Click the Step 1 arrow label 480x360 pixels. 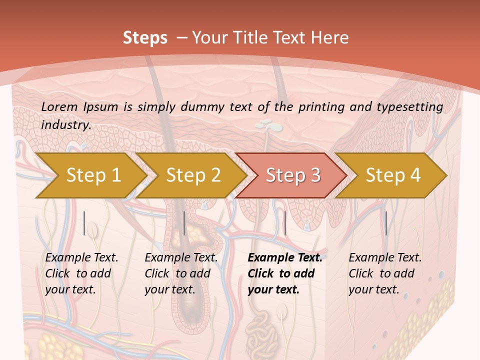[93, 175]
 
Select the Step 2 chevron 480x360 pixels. [193, 175]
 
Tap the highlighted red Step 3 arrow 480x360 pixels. [293, 175]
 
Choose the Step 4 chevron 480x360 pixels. [393, 175]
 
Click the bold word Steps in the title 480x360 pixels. [145, 37]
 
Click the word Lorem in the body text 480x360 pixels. [59, 106]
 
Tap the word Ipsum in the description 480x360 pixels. [101, 106]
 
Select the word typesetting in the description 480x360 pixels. [409, 106]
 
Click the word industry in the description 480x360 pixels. [66, 124]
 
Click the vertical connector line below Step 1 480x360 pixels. [84, 223]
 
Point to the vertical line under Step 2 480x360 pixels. [184, 223]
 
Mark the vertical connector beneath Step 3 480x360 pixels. [285, 223]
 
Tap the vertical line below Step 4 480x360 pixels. [386, 223]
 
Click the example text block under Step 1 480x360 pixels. [81, 273]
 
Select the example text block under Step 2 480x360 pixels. [181, 273]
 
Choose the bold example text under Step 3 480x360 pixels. [285, 273]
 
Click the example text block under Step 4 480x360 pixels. [385, 273]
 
